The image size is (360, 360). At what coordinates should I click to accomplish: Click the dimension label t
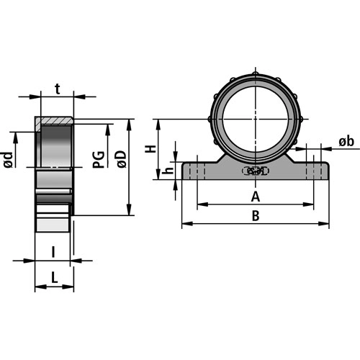point(57,89)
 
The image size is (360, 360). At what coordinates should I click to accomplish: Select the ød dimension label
point(8,158)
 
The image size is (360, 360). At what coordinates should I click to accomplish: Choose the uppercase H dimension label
point(150,149)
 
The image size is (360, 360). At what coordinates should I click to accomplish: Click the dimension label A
point(254,196)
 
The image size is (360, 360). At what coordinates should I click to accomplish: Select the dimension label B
point(254,215)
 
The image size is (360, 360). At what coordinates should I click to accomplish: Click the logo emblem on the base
point(255,171)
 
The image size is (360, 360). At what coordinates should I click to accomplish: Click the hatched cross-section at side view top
point(55,120)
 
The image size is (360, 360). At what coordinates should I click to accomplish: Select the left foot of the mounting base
point(198,171)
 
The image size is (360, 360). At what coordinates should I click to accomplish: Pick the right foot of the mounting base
point(312,171)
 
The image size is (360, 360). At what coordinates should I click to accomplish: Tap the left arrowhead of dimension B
point(185,224)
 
